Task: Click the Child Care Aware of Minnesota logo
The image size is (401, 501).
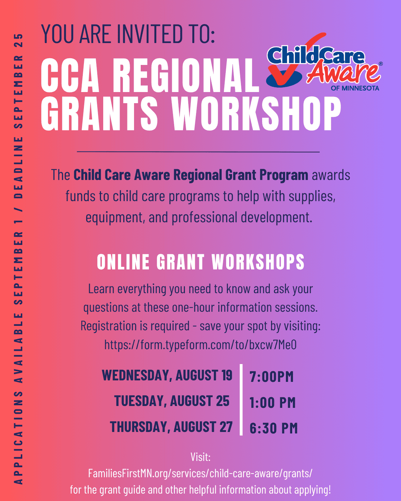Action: pos(324,62)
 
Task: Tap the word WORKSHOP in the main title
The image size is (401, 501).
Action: pos(257,114)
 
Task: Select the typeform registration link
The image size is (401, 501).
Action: pos(200,344)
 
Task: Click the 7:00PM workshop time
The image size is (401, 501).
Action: pos(271,376)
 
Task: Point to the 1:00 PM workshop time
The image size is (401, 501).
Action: pos(273,402)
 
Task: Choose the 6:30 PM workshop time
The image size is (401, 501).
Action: pos(274,428)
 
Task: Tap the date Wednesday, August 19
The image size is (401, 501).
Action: pos(167,375)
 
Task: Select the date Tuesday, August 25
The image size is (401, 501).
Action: pos(172,401)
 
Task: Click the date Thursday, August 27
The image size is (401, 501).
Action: pos(171,426)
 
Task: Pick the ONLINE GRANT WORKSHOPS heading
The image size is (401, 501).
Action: pos(200,262)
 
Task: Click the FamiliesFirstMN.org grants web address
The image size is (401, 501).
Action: pos(200,473)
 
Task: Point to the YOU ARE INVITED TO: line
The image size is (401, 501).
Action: pos(128,34)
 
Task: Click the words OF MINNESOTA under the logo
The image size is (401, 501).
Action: pos(355,88)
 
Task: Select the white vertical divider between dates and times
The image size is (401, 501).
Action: pos(241,400)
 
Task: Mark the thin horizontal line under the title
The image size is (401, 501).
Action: pos(198,152)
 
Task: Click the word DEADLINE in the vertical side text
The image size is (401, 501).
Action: pos(19,167)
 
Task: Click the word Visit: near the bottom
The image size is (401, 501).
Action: pos(200,457)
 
